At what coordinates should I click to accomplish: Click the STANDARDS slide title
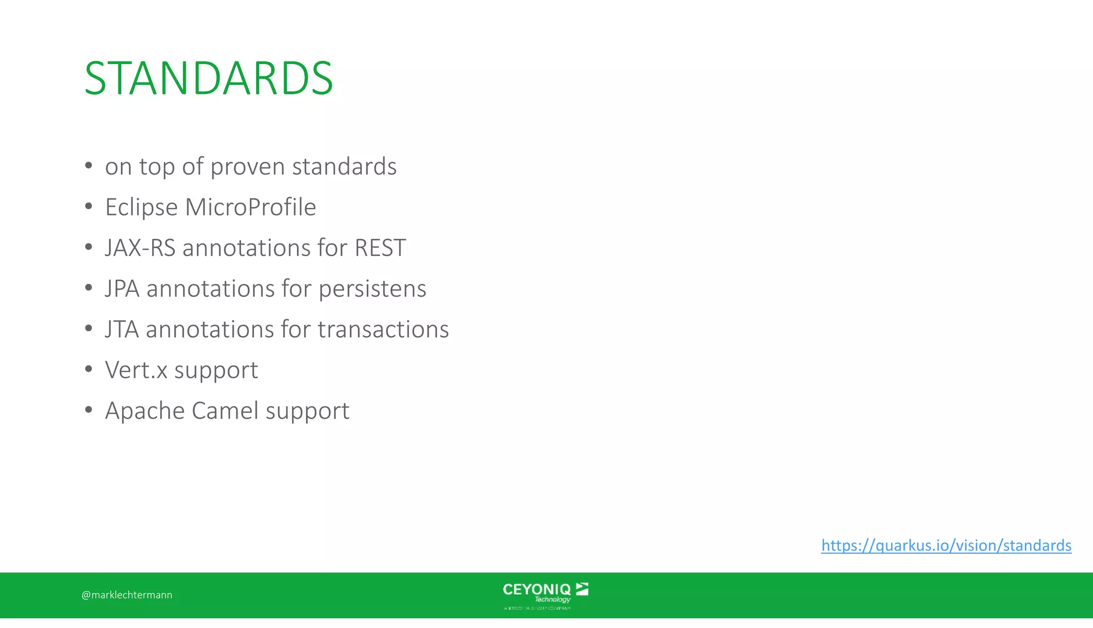tap(209, 78)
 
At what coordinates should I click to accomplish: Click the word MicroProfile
tap(250, 207)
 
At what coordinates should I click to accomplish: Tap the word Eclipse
tap(141, 207)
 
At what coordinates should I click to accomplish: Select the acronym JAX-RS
tap(140, 248)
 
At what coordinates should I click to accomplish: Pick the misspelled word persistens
tap(372, 289)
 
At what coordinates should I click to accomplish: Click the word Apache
tap(145, 411)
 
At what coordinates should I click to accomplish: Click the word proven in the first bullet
tap(248, 167)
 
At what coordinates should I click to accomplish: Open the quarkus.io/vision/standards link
tap(946, 545)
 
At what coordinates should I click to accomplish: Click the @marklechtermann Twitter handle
tap(127, 595)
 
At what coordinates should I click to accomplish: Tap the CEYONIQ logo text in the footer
tap(536, 590)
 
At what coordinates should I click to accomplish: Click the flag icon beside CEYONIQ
tap(582, 589)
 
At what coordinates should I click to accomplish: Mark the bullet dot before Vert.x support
tap(89, 369)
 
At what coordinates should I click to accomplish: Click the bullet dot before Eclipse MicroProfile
tap(89, 206)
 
